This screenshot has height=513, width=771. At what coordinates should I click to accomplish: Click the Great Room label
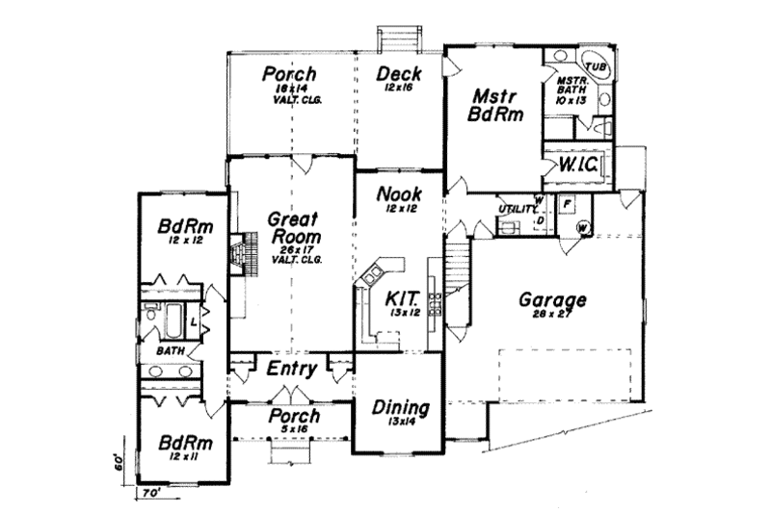click(x=289, y=228)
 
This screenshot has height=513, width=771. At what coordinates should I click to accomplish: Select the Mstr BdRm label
click(x=496, y=107)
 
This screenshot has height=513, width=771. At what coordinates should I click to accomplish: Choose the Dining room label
click(x=400, y=406)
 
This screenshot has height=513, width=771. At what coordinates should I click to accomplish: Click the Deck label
click(x=398, y=75)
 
